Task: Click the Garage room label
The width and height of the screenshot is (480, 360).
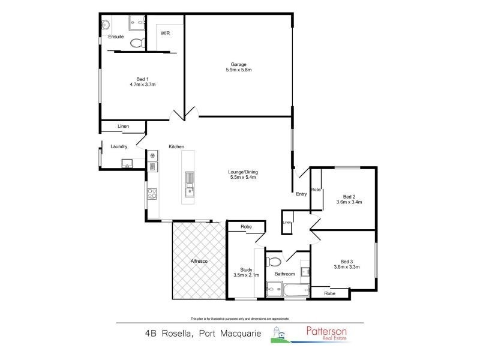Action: pos(239,65)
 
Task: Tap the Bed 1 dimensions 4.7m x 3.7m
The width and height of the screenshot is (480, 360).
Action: pos(142,85)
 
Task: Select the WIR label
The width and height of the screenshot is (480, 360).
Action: pos(165,34)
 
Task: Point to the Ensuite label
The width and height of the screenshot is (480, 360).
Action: pos(116,37)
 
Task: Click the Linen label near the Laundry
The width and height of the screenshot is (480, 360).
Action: pos(123,127)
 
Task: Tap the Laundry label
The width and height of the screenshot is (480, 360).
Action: pos(119,146)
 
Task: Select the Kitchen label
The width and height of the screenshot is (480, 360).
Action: pos(176,147)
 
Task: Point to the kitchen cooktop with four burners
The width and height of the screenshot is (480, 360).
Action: pos(152,193)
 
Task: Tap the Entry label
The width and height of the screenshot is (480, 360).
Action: pos(301,194)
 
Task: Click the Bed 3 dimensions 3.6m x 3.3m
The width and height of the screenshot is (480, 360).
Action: pos(346,267)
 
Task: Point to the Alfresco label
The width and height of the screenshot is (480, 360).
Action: pos(199,262)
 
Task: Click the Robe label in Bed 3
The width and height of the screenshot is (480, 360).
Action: pos(329,293)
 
